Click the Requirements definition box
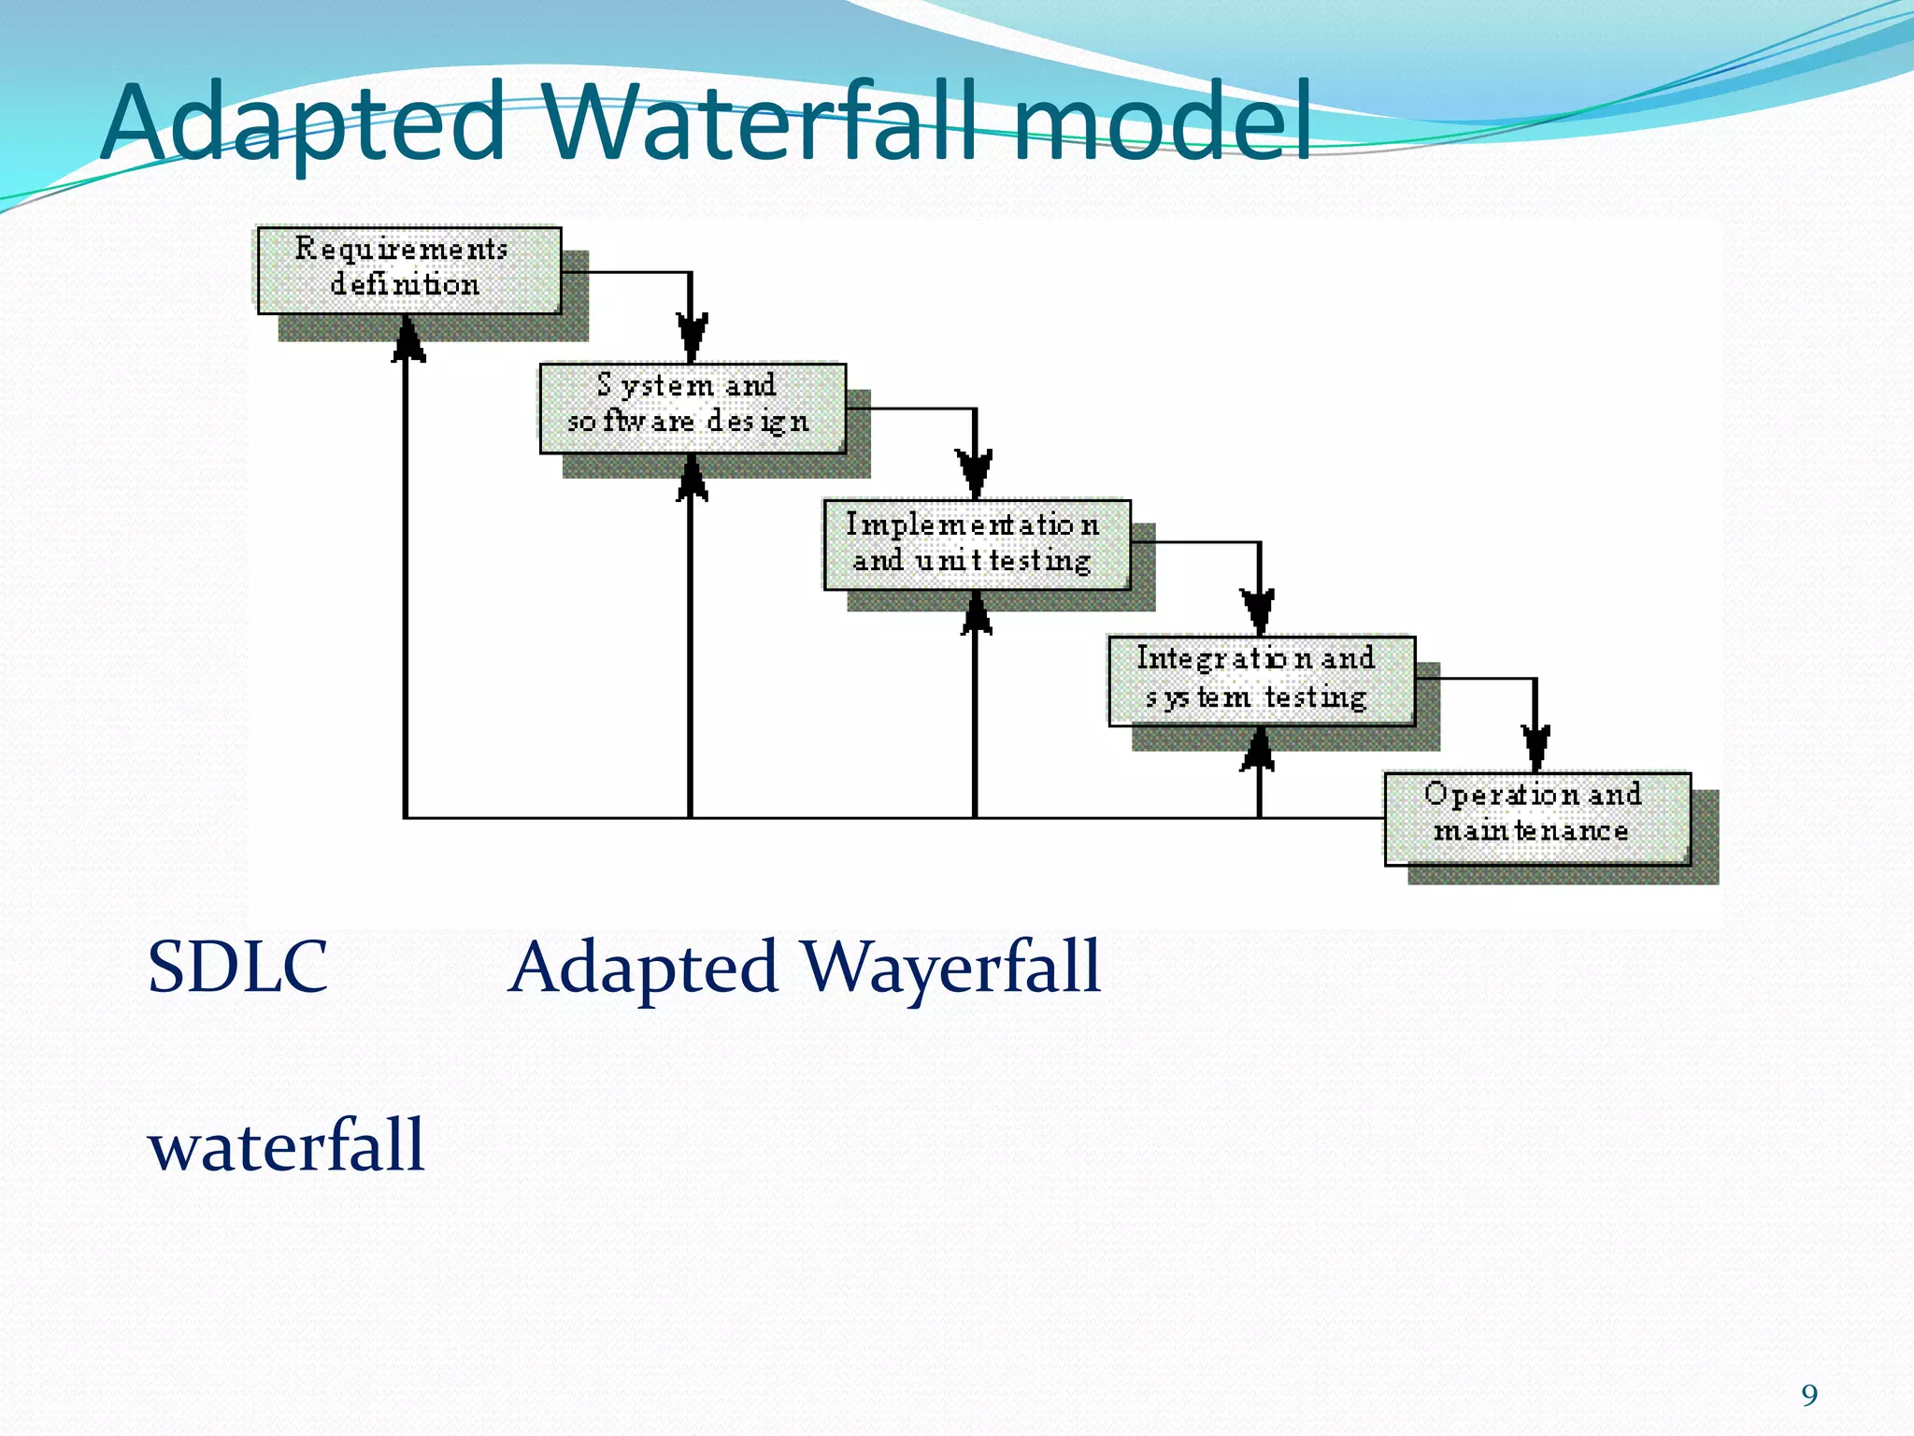409,270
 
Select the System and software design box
693,409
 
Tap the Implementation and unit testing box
977,545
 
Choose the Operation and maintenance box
1536,818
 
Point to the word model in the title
1163,122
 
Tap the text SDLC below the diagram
238,967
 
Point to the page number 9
1809,1395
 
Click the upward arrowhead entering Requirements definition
407,339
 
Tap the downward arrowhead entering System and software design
692,337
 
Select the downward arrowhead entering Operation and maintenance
1535,747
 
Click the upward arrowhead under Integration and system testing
1259,750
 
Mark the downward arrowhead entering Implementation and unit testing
975,474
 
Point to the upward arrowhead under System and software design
692,478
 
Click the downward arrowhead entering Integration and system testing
1259,611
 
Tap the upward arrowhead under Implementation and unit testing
976,614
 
